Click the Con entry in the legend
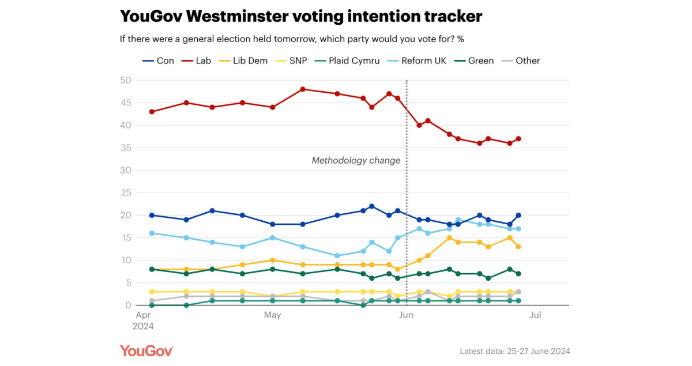tap(165, 61)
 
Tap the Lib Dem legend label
tap(250, 61)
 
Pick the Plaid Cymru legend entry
tap(353, 61)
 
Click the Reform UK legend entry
tap(423, 61)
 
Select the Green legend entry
tap(480, 61)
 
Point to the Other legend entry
tap(527, 61)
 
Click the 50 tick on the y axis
tap(126, 80)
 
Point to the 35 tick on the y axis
tap(126, 148)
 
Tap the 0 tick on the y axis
tap(129, 305)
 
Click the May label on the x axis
tap(272, 315)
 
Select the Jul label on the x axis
tap(536, 315)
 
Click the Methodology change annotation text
tap(356, 161)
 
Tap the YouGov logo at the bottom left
tap(146, 350)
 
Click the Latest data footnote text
tap(515, 351)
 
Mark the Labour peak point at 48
tap(303, 89)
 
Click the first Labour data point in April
tap(152, 112)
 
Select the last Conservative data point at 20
tap(518, 215)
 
